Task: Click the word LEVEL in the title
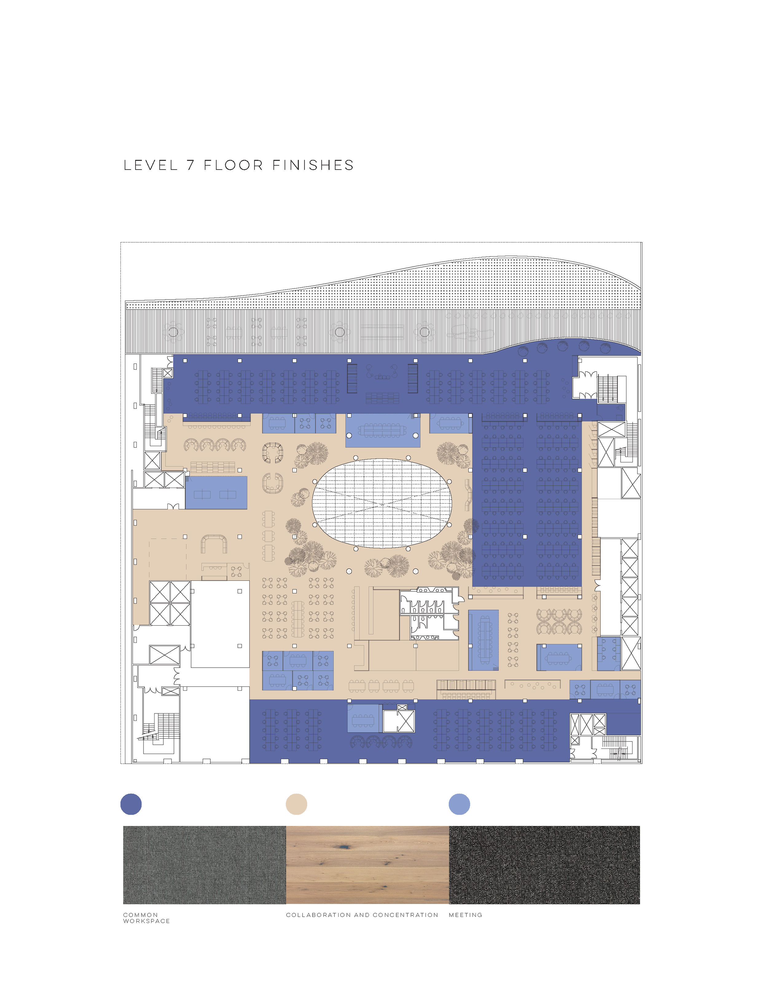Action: (150, 165)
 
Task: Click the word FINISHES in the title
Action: (313, 165)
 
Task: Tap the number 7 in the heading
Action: (191, 165)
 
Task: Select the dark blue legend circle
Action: (131, 804)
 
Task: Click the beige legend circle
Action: (296, 804)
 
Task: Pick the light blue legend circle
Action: (459, 804)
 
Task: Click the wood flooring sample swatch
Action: (367, 865)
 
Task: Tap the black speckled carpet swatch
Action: (544, 865)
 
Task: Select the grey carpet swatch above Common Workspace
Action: (204, 865)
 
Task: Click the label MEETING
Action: (465, 915)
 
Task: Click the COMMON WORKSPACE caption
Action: (146, 918)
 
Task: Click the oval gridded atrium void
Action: (382, 503)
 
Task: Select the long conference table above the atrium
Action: (382, 429)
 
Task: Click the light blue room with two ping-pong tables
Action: (216, 493)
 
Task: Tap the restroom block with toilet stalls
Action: (428, 615)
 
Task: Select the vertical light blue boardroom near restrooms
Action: (484, 639)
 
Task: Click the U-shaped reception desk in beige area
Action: (214, 543)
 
